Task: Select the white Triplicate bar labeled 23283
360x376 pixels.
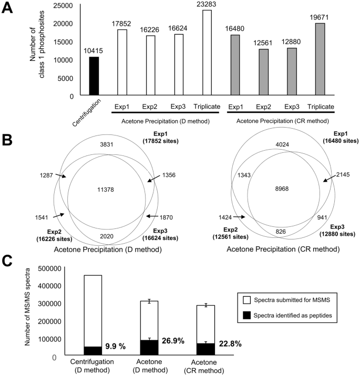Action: (x=213, y=53)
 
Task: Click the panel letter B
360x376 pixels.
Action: (x=9, y=126)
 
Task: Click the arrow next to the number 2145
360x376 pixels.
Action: (x=324, y=180)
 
